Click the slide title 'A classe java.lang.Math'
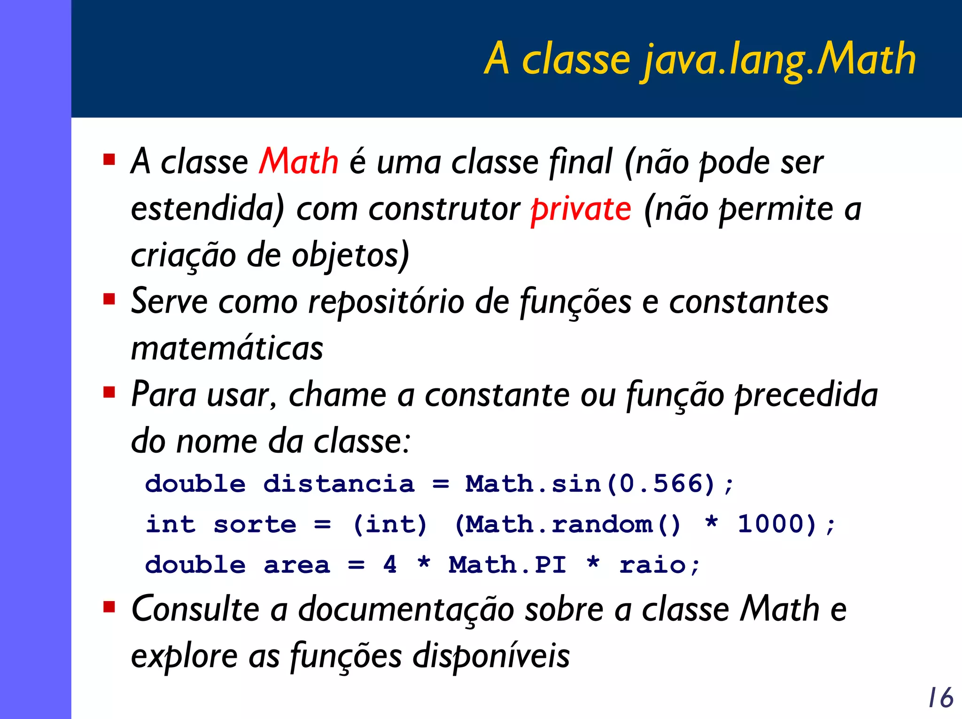tap(700, 59)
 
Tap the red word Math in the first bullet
tap(298, 162)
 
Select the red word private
tap(581, 209)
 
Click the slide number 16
tap(940, 697)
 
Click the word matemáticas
tap(227, 348)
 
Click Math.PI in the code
tap(507, 564)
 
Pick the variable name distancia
tap(339, 484)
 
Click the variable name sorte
tap(255, 524)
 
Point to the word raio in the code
tap(652, 564)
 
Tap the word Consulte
tap(195, 609)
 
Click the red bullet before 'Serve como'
tap(109, 299)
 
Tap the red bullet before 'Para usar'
tap(109, 392)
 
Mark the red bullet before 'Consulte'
tap(109, 607)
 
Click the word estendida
tap(207, 209)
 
